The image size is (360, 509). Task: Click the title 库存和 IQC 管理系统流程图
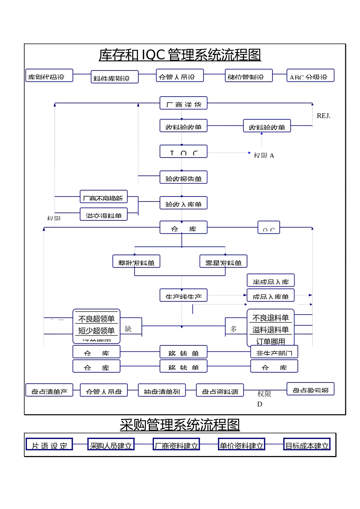(x=180, y=55)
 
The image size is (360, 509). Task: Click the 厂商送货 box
(x=183, y=103)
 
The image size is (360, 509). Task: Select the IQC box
(x=183, y=151)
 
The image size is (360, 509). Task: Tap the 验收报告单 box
(x=183, y=177)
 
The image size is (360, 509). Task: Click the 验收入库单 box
(x=183, y=203)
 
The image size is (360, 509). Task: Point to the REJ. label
(x=323, y=116)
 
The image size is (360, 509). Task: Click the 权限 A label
(x=264, y=155)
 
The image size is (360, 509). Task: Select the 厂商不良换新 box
(x=103, y=197)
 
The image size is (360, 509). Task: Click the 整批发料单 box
(x=136, y=261)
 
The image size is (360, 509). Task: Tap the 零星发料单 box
(x=223, y=261)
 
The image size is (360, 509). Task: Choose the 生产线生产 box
(x=183, y=295)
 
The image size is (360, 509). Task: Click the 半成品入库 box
(x=271, y=281)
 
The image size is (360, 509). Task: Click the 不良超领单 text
(x=96, y=319)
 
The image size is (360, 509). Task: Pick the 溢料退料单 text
(x=271, y=329)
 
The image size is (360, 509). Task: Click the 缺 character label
(x=128, y=329)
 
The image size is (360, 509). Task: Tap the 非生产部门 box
(x=274, y=352)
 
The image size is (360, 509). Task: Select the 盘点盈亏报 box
(x=310, y=389)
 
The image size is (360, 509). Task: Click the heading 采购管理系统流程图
(x=180, y=425)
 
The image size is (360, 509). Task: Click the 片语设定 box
(x=49, y=445)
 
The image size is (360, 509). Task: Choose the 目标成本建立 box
(x=307, y=445)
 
